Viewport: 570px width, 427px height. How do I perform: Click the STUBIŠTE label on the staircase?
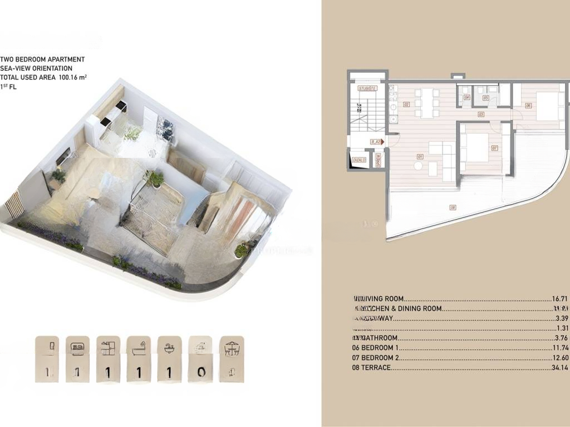tap(368, 88)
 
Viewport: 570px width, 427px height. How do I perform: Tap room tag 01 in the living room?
tap(419, 157)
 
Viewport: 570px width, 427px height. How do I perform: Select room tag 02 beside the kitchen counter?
tap(406, 104)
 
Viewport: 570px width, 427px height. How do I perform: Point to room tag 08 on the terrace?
tap(452, 208)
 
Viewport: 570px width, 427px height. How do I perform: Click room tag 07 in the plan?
tap(494, 148)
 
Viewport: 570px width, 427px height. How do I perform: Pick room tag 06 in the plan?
tap(528, 105)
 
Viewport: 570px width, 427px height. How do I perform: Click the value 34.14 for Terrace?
tap(558, 368)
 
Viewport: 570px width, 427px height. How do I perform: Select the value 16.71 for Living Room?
tap(558, 299)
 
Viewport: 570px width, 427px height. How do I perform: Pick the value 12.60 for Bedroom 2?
tap(558, 358)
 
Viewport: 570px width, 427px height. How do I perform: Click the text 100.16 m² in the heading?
tap(72, 77)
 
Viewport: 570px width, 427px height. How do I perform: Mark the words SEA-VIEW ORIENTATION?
tap(36, 68)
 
